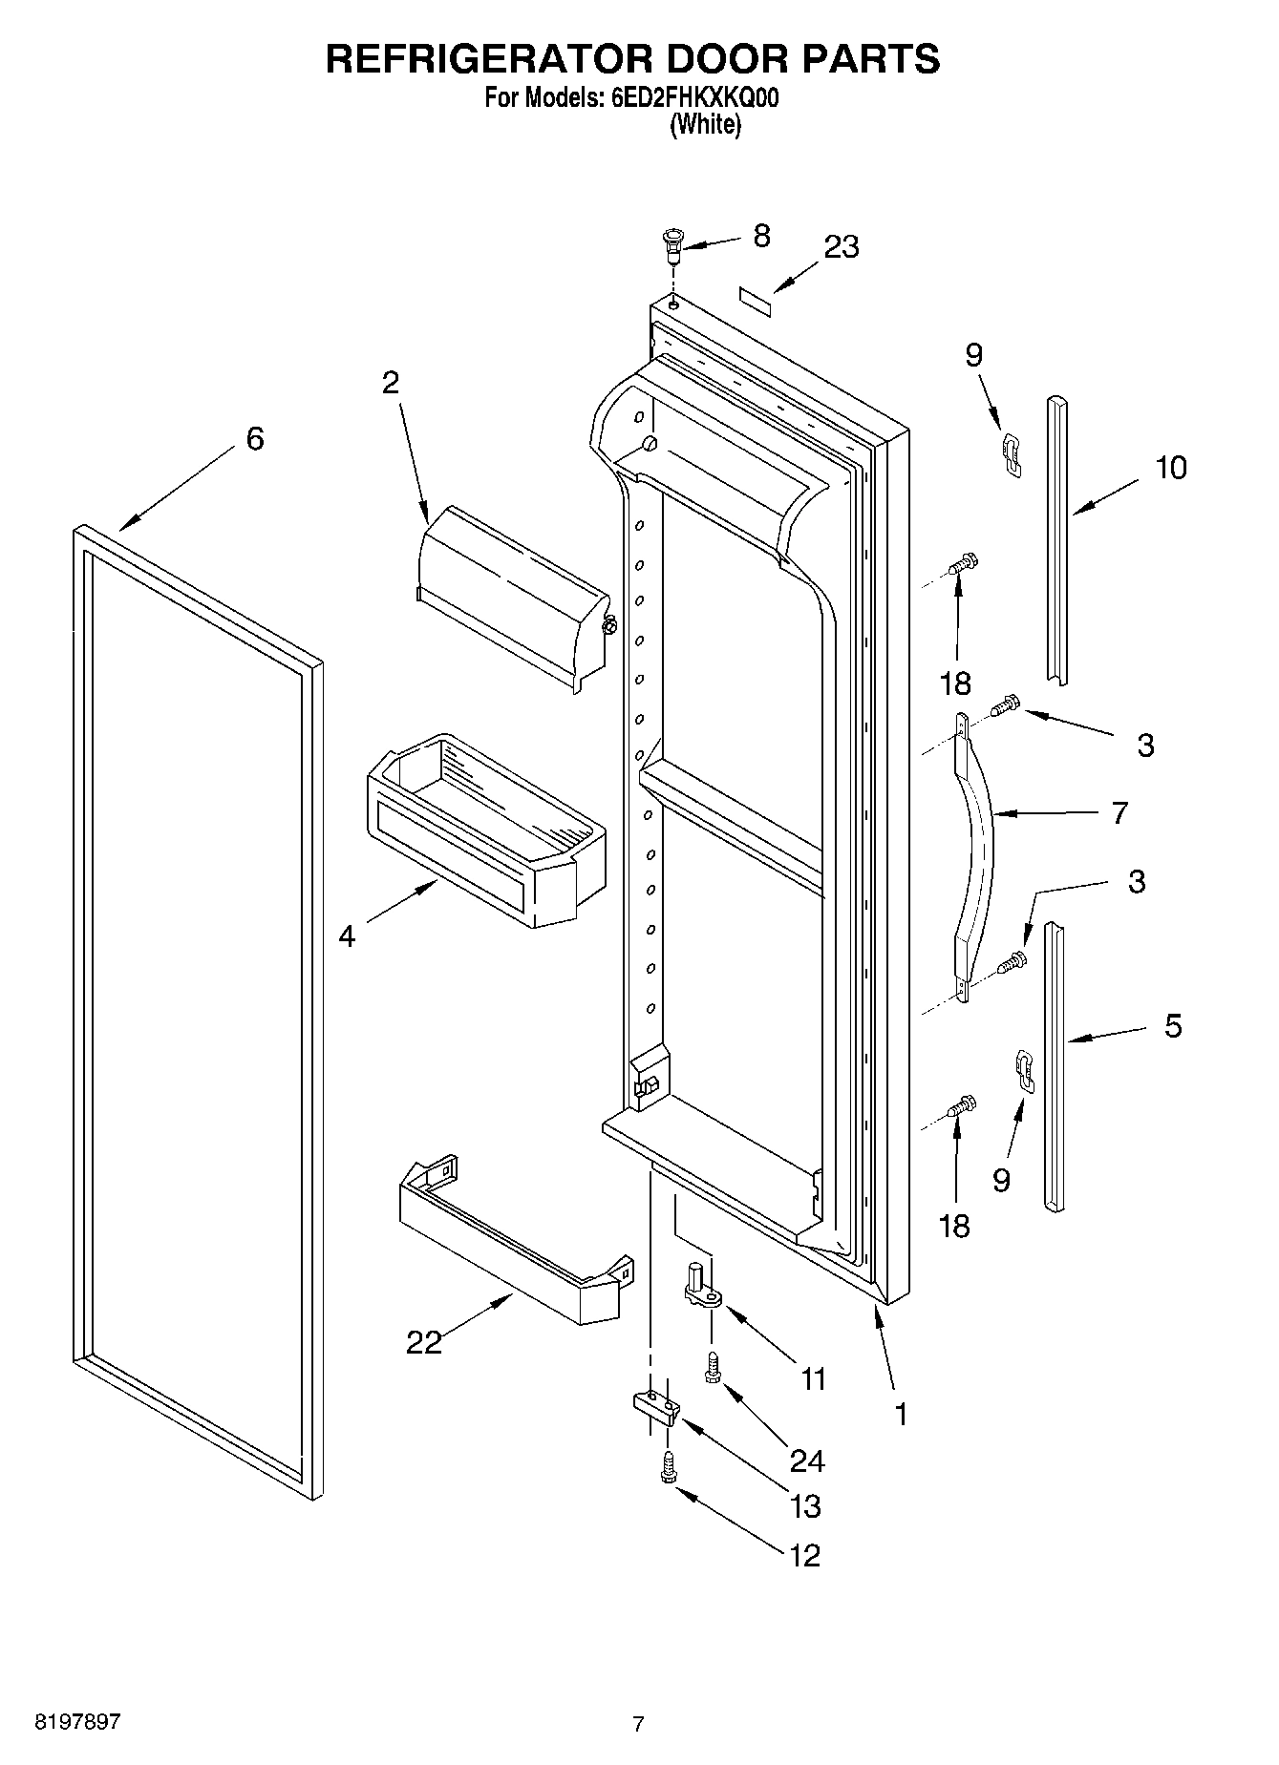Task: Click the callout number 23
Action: pos(841,246)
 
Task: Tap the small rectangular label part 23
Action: pos(756,299)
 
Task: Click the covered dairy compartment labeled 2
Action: pos(514,596)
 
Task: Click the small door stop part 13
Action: pos(656,1406)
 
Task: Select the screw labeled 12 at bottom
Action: pos(667,1467)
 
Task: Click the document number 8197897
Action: pos(77,1722)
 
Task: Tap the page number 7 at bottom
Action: pos(638,1723)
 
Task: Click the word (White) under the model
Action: pos(705,124)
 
